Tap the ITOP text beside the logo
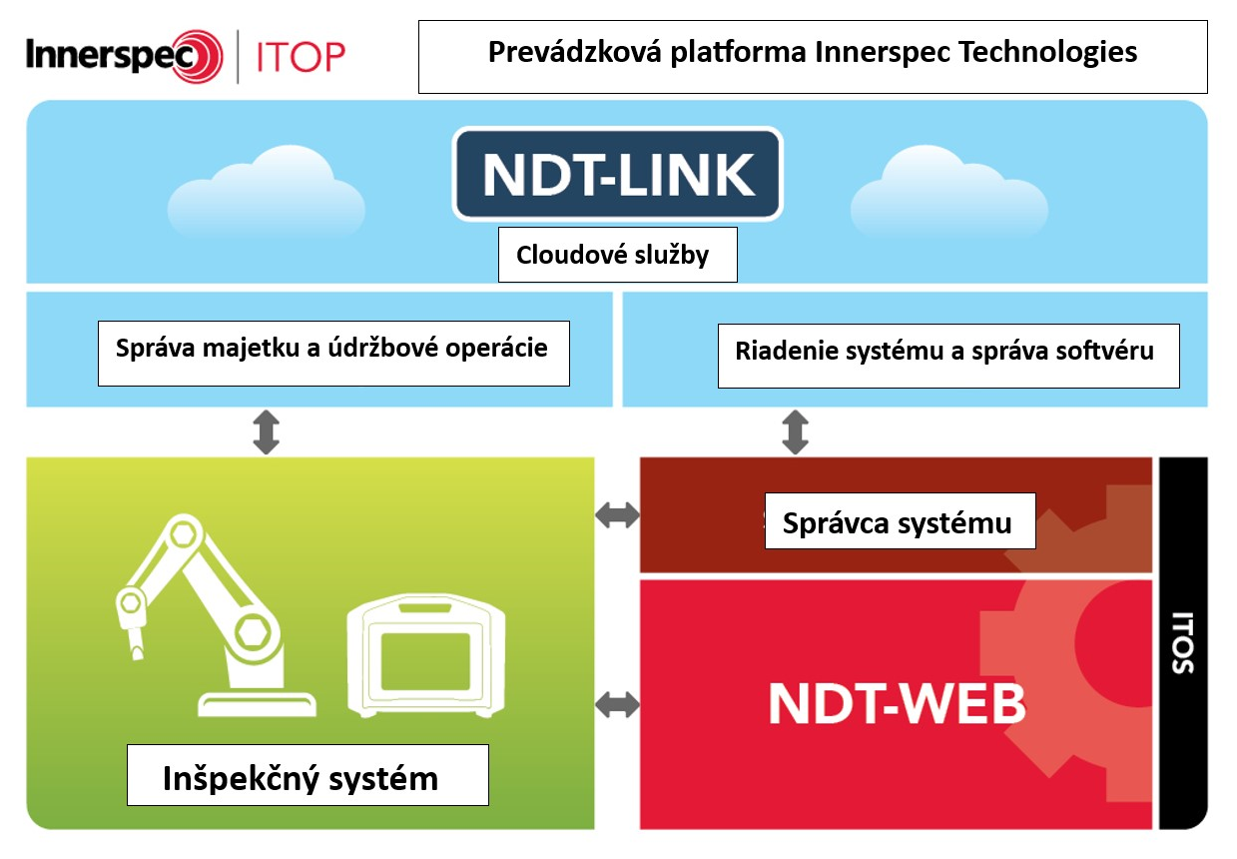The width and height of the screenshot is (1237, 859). pyautogui.click(x=300, y=57)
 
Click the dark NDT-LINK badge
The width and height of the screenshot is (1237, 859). pyautogui.click(x=618, y=174)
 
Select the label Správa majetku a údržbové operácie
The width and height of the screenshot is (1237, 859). pyautogui.click(x=332, y=351)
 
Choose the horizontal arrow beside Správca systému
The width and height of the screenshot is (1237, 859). pyautogui.click(x=617, y=515)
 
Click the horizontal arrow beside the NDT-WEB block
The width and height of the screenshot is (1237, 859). pyautogui.click(x=617, y=705)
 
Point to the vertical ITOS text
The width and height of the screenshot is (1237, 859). pyautogui.click(x=1183, y=642)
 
